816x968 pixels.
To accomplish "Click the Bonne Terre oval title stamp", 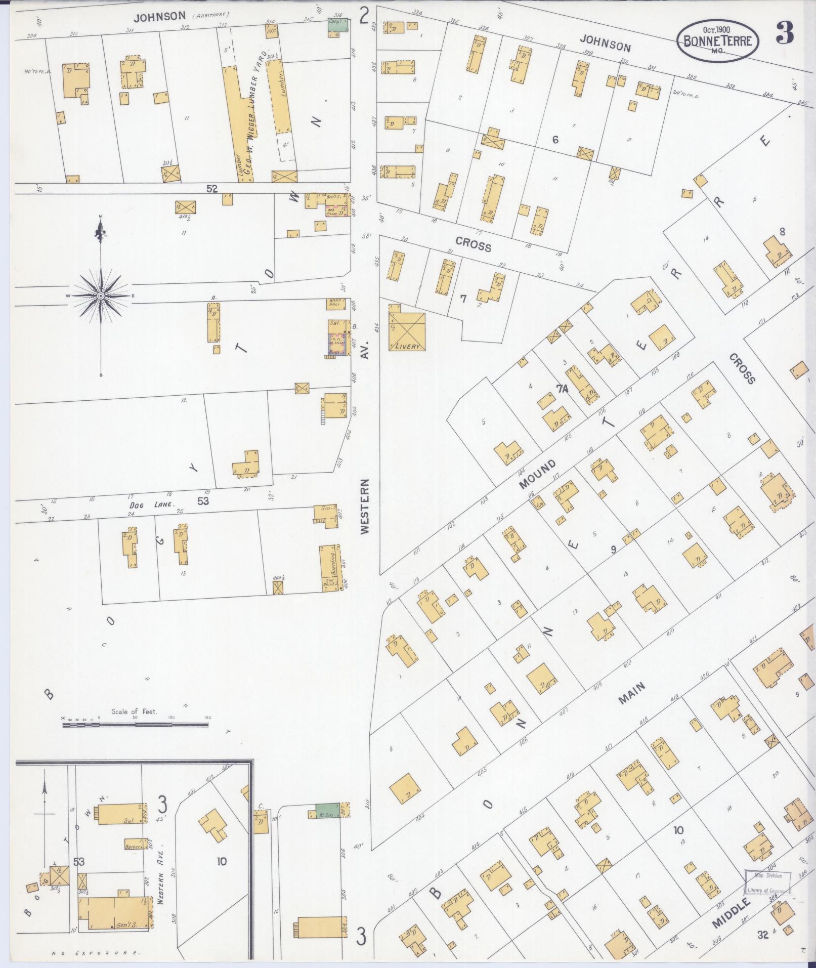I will coord(717,40).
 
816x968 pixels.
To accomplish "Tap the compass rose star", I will coord(101,296).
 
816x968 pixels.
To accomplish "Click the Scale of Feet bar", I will coord(135,725).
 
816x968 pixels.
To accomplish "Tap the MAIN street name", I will coord(632,693).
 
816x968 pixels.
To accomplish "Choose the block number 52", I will coord(211,189).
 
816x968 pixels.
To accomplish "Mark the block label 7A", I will coord(563,389).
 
